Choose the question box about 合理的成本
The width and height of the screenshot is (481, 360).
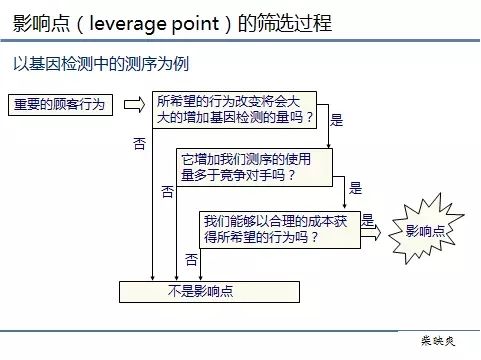[x=281, y=229]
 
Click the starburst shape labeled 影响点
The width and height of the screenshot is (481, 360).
[x=425, y=232]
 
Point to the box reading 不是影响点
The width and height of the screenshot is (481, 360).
[x=209, y=292]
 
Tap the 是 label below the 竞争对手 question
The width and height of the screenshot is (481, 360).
[x=355, y=187]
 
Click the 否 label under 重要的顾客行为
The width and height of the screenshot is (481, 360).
[x=139, y=143]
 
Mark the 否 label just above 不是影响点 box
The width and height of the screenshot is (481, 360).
[x=191, y=259]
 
